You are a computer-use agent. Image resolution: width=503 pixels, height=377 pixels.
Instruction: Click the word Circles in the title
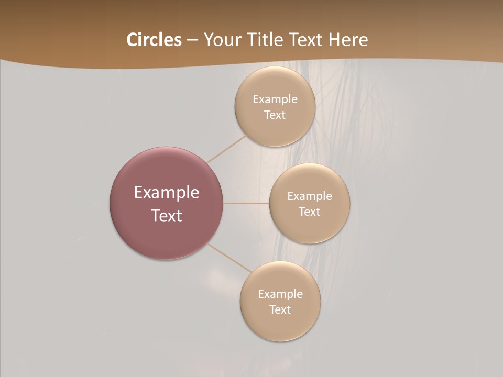click(154, 40)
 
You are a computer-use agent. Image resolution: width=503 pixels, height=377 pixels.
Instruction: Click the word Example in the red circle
click(166, 193)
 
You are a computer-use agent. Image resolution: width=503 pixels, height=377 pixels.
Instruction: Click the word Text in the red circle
click(166, 216)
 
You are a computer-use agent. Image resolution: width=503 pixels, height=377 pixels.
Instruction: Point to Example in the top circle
click(275, 99)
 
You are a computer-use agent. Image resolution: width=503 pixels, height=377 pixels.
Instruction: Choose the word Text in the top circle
click(275, 115)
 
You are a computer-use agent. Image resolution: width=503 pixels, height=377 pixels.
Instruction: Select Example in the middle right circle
click(309, 196)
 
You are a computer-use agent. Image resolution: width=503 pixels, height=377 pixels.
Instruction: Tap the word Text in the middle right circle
click(309, 212)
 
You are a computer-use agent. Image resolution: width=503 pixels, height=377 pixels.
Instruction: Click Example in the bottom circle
click(280, 294)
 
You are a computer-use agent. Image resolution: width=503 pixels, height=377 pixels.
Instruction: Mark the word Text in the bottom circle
click(280, 309)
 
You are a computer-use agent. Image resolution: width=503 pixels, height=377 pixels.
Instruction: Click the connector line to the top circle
click(226, 149)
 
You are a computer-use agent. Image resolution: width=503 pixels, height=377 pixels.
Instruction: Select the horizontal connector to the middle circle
click(246, 203)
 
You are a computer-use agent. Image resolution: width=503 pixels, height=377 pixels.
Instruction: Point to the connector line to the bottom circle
click(228, 258)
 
